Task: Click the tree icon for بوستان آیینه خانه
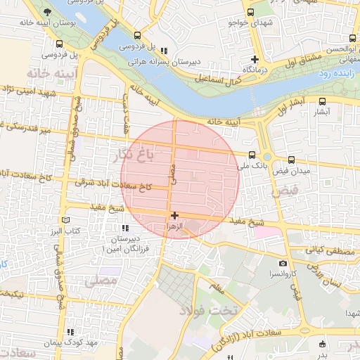[x=47, y=12]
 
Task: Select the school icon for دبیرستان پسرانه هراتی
[x=164, y=51]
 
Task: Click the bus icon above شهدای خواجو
[x=250, y=12]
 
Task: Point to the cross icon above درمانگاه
[x=255, y=60]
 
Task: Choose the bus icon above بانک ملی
[x=252, y=155]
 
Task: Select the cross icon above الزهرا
[x=174, y=215]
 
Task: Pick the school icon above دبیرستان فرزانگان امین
[x=125, y=229]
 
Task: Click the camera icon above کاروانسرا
[x=283, y=263]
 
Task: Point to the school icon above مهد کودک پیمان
[x=69, y=332]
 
